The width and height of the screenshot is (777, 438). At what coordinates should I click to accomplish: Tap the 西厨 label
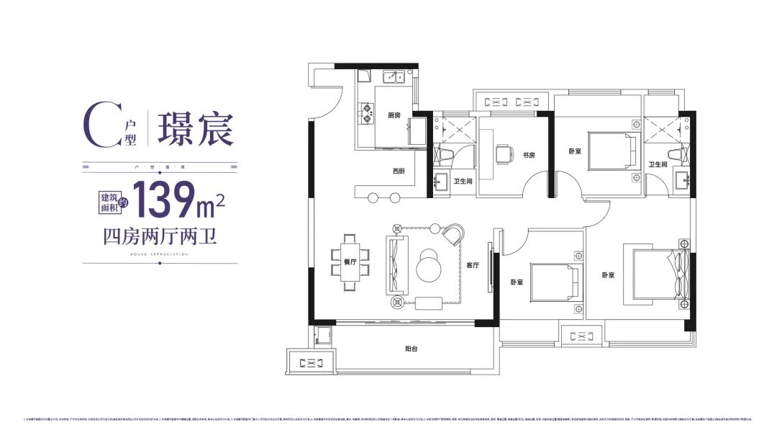tap(399, 171)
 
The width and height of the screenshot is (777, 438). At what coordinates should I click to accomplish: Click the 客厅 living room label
tap(473, 265)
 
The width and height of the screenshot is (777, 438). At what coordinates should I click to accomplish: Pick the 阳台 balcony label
tap(411, 348)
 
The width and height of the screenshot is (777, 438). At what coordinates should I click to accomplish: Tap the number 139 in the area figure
tap(163, 200)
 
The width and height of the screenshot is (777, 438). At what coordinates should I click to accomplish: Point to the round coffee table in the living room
tap(430, 265)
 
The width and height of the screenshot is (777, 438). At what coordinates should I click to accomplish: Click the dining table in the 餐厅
tap(350, 262)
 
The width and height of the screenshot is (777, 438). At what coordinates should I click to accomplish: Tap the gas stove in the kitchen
tap(367, 109)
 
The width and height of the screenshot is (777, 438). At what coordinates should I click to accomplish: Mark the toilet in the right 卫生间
tap(675, 153)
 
